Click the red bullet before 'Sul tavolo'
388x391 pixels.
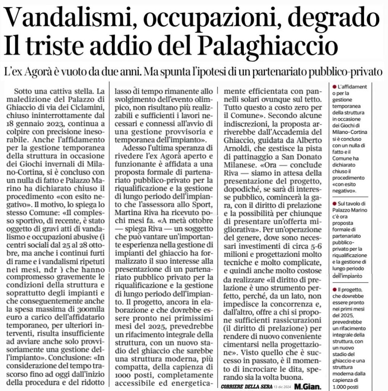(x=334, y=204)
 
